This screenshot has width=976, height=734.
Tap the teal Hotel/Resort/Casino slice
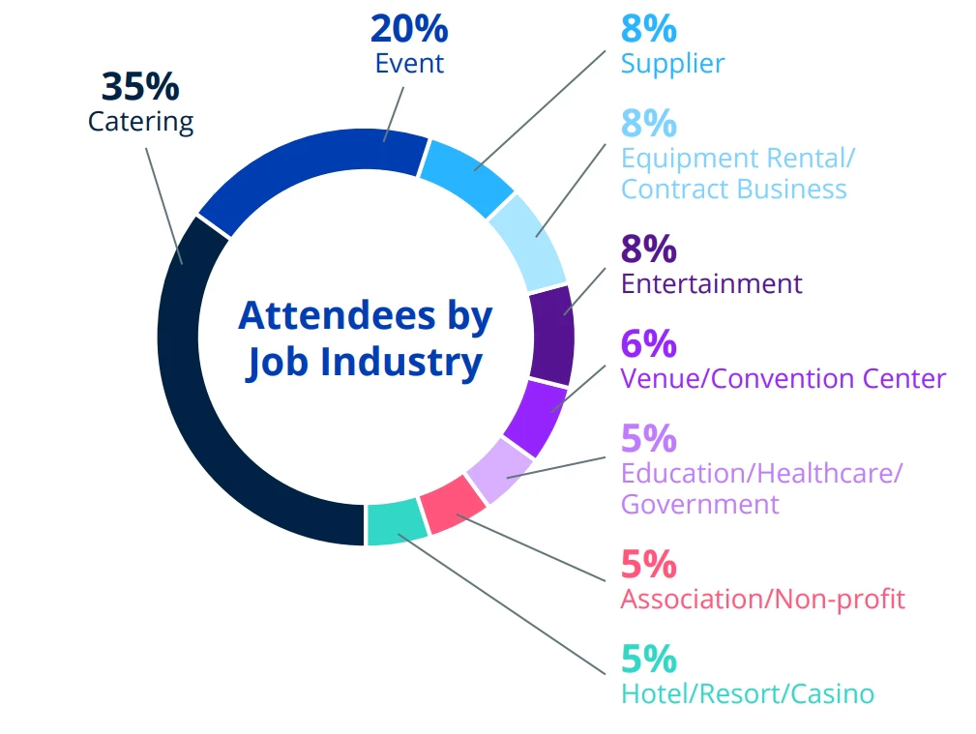397,523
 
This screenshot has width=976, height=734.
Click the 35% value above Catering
140,87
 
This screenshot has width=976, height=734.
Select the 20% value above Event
409,29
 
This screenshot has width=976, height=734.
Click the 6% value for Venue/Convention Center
648,343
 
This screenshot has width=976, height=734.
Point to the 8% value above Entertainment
648,250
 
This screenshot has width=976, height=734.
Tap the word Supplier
672,65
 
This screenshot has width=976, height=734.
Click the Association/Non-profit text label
762,599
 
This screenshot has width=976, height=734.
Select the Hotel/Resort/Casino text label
747,693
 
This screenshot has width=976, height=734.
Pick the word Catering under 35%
140,122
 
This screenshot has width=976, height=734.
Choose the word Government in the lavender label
699,504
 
